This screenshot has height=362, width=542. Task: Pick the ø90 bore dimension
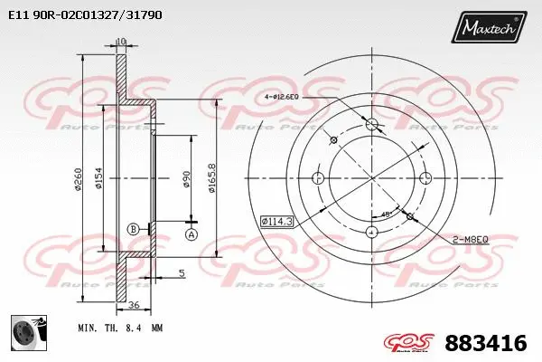186,179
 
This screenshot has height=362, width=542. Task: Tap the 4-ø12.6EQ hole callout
288,96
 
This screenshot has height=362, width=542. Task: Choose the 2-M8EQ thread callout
470,239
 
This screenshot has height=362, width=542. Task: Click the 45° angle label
387,214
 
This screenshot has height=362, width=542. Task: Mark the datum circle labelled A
191,234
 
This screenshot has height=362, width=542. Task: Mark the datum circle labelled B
134,229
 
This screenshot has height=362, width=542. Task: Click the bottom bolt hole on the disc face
372,233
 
